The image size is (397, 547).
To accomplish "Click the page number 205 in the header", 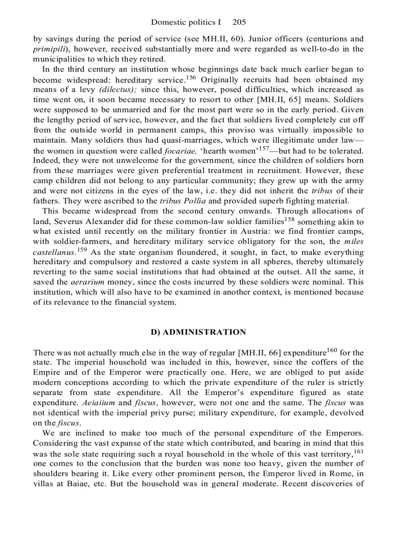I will tap(239, 22).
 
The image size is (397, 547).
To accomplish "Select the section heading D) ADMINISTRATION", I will tap(198, 332).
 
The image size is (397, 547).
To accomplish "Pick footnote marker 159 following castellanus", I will tap(82, 249).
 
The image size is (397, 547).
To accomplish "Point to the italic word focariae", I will tap(181, 151).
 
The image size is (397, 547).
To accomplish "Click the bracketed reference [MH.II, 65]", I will tap(314, 100).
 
